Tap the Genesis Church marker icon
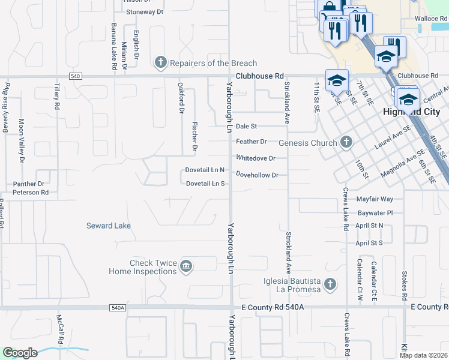point(346,142)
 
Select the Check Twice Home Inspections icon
point(186,266)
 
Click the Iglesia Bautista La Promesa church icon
point(330,284)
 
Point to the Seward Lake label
point(109,226)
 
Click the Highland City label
point(411,112)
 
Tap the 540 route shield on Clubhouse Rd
point(76,77)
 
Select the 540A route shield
point(118,308)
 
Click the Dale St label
point(246,127)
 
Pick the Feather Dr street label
point(251,142)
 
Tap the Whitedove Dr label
point(255,158)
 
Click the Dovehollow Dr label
point(257,175)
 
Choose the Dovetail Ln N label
point(205,170)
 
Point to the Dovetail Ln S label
point(205,184)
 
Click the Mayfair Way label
point(375,199)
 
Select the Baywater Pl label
point(375,212)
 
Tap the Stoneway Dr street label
point(143,11)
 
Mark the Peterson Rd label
point(31,193)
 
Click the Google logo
point(20,353)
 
